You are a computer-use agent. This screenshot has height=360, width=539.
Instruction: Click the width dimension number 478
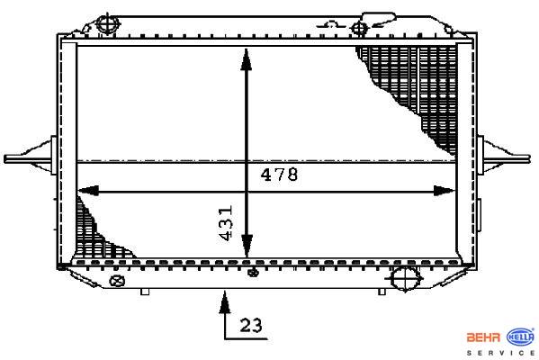click(x=279, y=175)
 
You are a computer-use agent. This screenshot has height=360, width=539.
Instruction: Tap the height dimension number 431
click(x=226, y=223)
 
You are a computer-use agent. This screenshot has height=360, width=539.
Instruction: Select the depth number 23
click(x=251, y=325)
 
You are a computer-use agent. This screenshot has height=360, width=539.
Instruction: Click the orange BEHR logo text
click(x=483, y=337)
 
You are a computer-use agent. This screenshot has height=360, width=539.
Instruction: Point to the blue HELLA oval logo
click(x=520, y=337)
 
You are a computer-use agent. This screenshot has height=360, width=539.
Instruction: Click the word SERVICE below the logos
click(x=500, y=353)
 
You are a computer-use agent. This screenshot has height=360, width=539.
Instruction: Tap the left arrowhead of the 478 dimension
click(x=88, y=191)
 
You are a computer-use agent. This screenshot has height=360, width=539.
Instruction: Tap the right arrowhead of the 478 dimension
click(x=445, y=191)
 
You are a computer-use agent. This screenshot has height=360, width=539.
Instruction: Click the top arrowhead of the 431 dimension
click(x=247, y=59)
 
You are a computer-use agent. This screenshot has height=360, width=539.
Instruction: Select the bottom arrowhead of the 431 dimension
click(x=247, y=247)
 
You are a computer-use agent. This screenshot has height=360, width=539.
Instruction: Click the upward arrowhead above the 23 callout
click(x=225, y=302)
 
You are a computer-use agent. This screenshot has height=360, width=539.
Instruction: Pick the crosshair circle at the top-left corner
click(x=107, y=23)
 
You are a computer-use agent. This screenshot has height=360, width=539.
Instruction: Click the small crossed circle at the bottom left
click(x=117, y=281)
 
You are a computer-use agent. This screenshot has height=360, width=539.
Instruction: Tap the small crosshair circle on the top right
click(x=360, y=28)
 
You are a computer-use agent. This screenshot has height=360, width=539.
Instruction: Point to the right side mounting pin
click(x=503, y=158)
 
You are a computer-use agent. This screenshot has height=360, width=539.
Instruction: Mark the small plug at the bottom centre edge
click(x=254, y=273)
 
